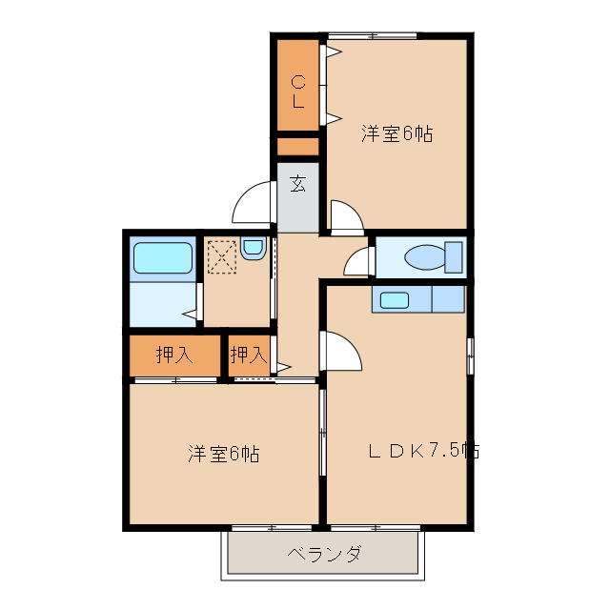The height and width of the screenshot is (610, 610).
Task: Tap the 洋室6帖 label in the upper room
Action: point(396,134)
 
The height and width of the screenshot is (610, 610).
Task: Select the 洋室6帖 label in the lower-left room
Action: point(223,454)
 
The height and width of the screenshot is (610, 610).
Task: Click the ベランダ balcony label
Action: point(323,554)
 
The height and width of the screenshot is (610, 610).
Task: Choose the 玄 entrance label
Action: point(298,184)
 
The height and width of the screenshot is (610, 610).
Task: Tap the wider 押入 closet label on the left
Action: point(174,356)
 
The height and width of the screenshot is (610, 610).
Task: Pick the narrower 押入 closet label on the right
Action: point(248,356)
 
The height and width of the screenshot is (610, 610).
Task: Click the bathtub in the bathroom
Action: point(163,257)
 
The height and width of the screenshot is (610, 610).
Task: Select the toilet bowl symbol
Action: point(428,257)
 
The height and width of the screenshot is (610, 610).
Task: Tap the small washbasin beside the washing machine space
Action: point(253,249)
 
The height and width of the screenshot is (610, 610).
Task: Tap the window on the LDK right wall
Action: point(470,356)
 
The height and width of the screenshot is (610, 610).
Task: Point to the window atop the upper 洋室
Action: point(375,37)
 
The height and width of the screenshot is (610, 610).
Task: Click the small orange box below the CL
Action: point(297,147)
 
